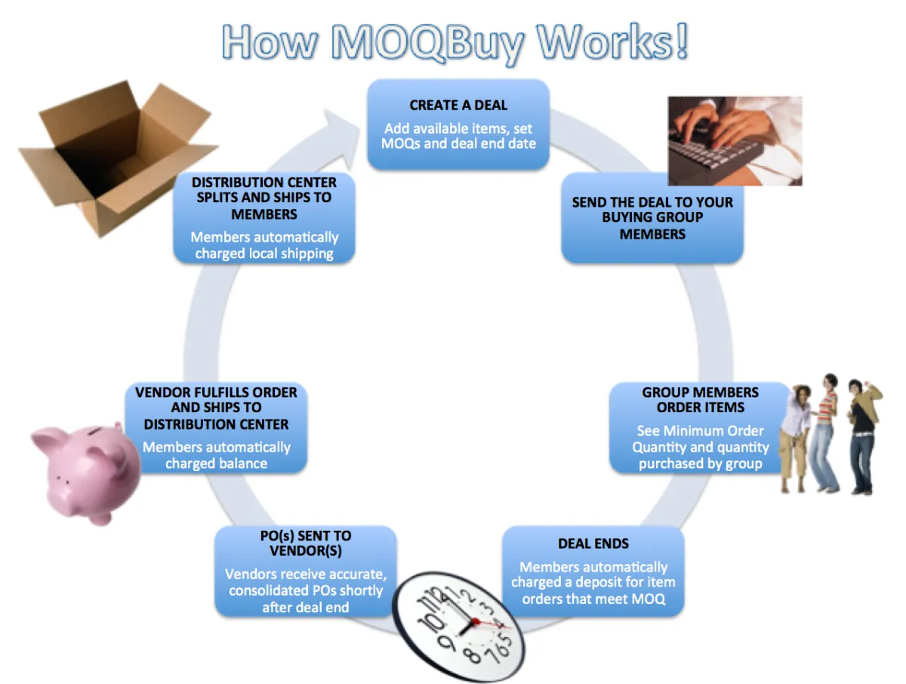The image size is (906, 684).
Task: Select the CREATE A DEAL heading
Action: coord(458,105)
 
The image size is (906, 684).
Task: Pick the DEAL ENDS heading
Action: coord(593,544)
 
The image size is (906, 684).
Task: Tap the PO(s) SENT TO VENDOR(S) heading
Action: coord(306,543)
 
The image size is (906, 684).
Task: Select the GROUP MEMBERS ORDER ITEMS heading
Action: coord(701,400)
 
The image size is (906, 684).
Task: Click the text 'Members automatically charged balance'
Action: coord(217,455)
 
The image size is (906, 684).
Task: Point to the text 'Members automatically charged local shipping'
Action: coord(264,245)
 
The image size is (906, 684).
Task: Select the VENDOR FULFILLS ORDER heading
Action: coord(216,408)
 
